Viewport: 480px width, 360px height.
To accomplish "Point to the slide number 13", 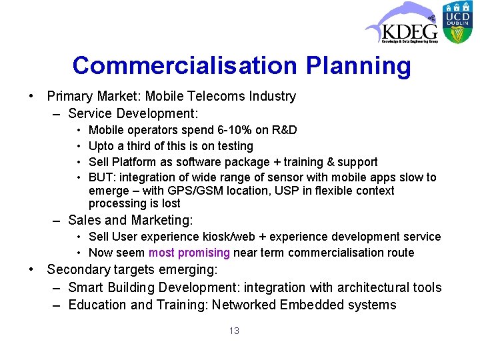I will [x=233, y=331].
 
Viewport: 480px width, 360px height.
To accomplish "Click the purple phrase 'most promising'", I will [x=189, y=253].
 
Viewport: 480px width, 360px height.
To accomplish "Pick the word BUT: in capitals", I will [x=101, y=177].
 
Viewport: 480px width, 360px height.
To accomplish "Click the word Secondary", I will [x=79, y=270].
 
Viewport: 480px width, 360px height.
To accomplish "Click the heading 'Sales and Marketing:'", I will [x=130, y=220].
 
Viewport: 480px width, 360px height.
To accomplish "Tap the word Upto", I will [x=101, y=146].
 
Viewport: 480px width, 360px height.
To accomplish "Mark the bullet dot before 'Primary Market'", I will [x=32, y=96].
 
